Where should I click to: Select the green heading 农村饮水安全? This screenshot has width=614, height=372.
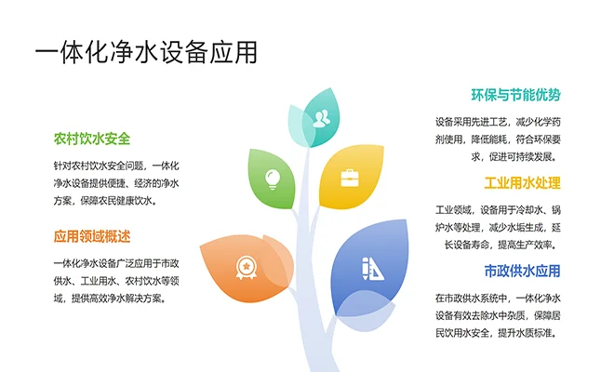[92, 139]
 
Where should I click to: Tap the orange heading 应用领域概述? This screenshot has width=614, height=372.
[92, 235]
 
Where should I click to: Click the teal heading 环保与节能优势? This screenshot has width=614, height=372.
[516, 96]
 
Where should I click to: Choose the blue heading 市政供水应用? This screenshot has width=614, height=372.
[523, 271]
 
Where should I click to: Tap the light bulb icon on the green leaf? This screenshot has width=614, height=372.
[274, 176]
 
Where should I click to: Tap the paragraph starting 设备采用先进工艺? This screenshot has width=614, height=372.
[498, 139]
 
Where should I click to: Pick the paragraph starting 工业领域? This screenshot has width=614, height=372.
[498, 227]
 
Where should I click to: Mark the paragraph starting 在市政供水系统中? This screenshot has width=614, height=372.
[498, 315]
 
